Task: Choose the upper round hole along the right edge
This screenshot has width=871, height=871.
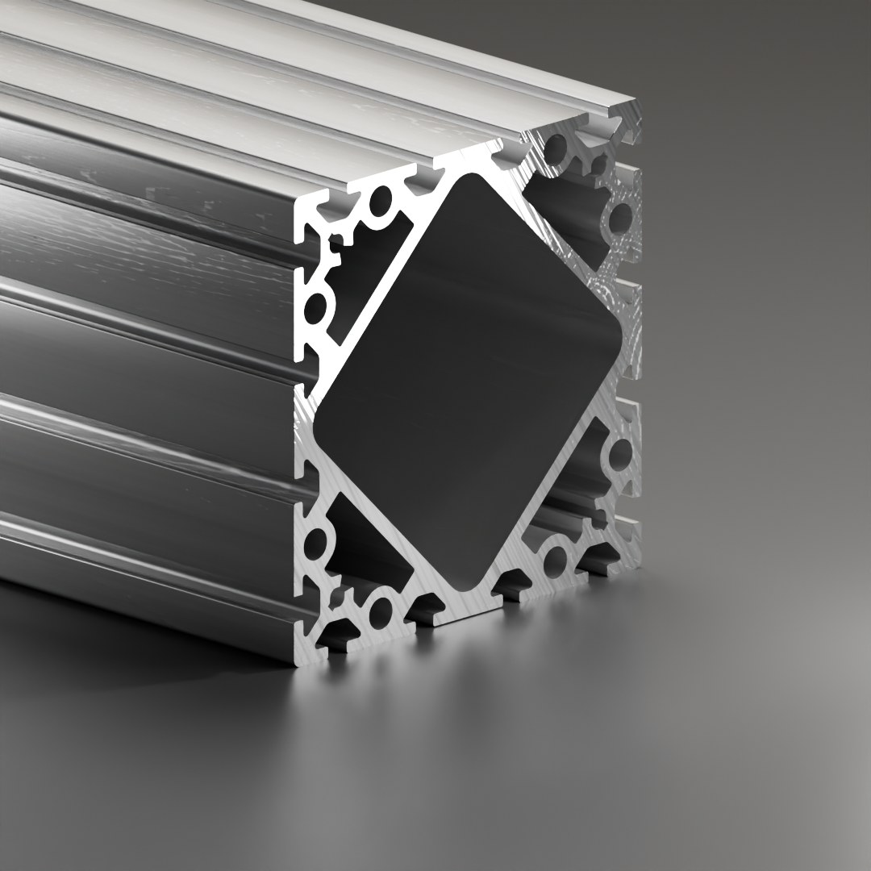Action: [x=619, y=218]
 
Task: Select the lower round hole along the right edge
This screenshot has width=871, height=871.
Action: [x=619, y=454]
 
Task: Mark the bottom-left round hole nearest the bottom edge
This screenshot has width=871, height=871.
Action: [x=380, y=612]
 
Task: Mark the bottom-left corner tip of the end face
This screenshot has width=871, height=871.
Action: [x=301, y=663]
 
